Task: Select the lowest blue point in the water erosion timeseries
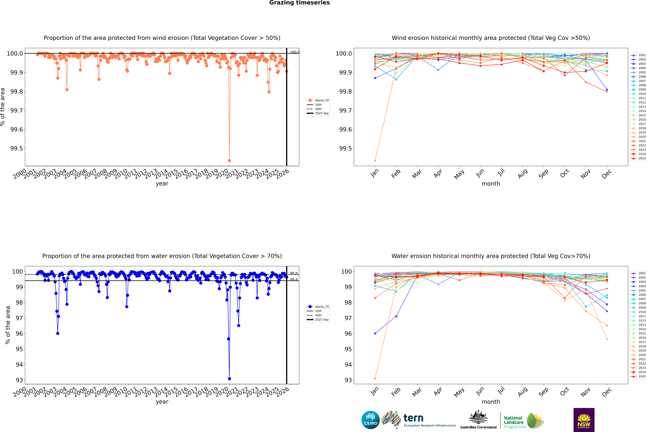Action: pyautogui.click(x=229, y=379)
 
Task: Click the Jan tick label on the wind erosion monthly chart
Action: pyautogui.click(x=375, y=173)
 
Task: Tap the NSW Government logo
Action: pyautogui.click(x=584, y=420)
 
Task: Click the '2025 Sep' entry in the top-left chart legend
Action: pyautogui.click(x=322, y=113)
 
